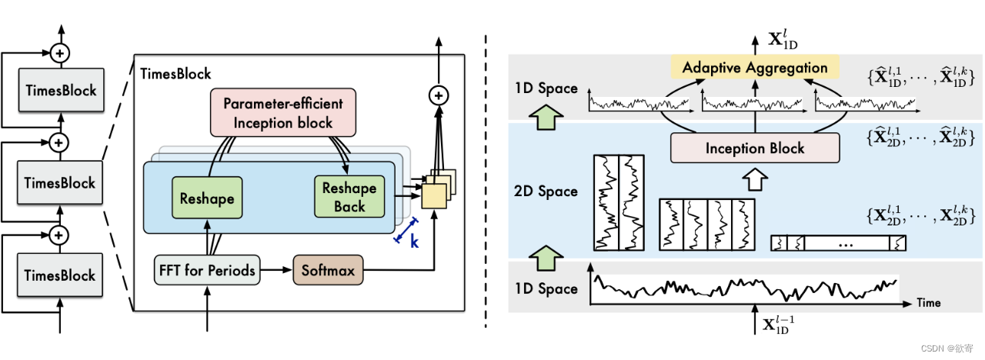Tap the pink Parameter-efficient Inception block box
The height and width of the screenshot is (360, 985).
click(278, 112)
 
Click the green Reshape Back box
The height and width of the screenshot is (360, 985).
click(349, 196)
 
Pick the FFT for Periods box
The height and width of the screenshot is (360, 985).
click(207, 270)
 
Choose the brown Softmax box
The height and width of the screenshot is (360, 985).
click(328, 270)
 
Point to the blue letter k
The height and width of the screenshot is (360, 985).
click(414, 242)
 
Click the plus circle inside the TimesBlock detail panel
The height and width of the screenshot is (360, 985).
click(438, 95)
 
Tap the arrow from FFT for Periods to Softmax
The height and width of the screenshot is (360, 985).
click(275, 270)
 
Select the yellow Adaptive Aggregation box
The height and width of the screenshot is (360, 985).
click(754, 68)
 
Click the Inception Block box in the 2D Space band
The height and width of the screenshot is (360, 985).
click(754, 148)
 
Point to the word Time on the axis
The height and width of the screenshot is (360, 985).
click(928, 302)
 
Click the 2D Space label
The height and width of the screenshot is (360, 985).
click(546, 191)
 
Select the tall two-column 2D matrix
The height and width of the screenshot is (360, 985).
click(619, 202)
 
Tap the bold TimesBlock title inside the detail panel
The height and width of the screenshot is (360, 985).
click(175, 74)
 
